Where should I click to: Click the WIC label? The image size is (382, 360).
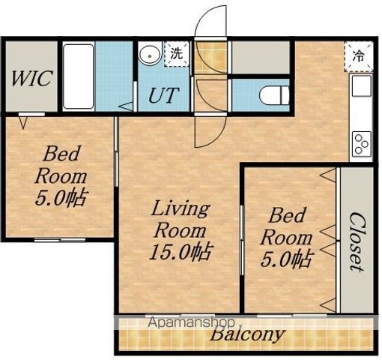tap(31, 79)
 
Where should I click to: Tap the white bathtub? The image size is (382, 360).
tap(78, 76)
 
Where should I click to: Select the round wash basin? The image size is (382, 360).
tap(150, 55)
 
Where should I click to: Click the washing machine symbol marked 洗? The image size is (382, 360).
tap(177, 54)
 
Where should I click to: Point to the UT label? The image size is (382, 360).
tap(164, 95)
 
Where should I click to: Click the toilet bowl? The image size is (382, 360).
tap(274, 94)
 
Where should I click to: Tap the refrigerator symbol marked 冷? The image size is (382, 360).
tap(359, 56)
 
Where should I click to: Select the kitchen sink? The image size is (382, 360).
tap(361, 85)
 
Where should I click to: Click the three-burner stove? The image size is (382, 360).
tap(362, 143)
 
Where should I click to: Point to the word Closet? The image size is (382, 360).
tap(357, 241)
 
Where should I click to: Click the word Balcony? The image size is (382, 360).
tap(247, 334)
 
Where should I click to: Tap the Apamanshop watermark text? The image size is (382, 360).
tap(191, 322)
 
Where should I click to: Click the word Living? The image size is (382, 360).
tap(181, 210)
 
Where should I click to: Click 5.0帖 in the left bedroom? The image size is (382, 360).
tap(61, 196)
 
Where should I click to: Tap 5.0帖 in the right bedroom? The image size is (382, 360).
tap(286, 258)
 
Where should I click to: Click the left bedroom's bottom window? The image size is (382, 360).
tap(60, 240)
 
